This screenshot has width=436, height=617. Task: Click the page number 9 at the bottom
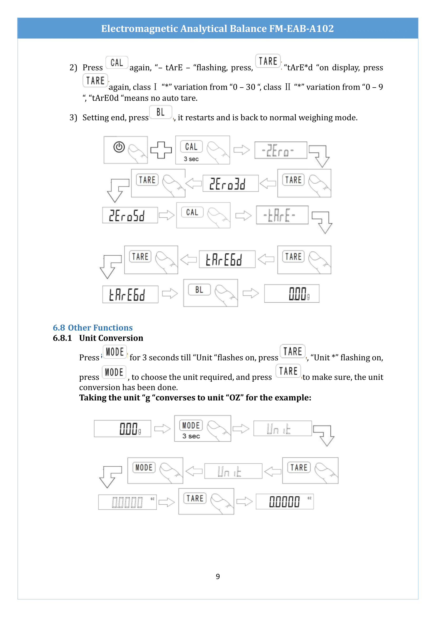(218, 576)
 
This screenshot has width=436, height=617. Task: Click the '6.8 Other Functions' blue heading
(93, 328)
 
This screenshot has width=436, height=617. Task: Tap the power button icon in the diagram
(119, 147)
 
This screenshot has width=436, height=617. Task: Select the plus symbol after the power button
(161, 150)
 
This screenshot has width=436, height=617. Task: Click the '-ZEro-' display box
(280, 150)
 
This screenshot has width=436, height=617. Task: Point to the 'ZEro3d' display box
(230, 184)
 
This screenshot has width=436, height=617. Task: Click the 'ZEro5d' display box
(130, 215)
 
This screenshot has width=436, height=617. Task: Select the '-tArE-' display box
(282, 215)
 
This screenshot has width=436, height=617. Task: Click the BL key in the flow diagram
(199, 290)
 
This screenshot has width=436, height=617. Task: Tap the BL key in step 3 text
(161, 112)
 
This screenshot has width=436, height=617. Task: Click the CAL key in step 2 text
(117, 63)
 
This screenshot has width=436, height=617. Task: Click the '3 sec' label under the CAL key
(191, 159)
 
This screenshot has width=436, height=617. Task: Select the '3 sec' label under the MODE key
(191, 436)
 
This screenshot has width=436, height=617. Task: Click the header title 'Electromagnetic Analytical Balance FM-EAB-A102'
(217, 28)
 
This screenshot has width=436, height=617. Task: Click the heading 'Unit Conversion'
(111, 338)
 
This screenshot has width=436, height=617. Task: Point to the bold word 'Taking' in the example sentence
(91, 398)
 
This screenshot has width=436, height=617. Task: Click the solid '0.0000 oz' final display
(285, 501)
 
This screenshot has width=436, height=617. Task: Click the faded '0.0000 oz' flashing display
(127, 502)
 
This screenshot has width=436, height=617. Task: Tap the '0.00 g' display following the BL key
(292, 293)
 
